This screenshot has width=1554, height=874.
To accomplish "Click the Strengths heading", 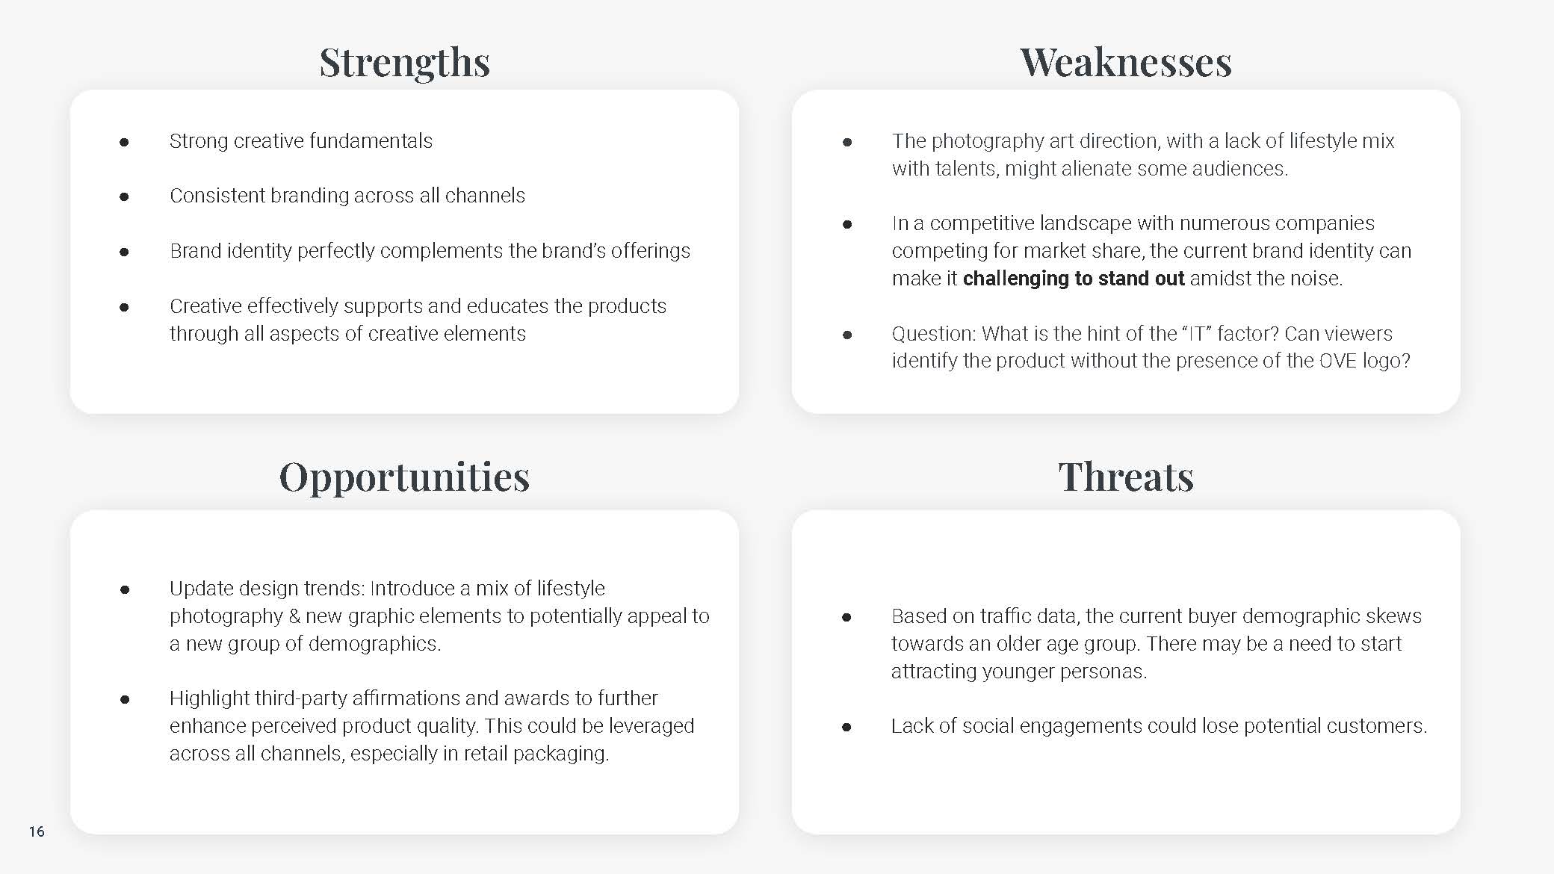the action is (405, 63).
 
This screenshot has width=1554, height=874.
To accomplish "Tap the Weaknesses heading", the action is (1126, 62).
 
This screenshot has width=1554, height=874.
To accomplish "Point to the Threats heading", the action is (1126, 477).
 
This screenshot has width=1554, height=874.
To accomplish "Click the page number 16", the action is (37, 831).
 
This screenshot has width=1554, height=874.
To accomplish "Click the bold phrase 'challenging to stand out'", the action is (1074, 279).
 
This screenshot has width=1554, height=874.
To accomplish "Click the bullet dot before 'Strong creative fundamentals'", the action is (124, 142).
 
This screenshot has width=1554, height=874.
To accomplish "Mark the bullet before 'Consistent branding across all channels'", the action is (124, 196).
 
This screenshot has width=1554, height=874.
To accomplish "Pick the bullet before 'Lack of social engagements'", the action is (846, 727).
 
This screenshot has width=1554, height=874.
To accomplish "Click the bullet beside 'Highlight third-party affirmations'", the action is (125, 699).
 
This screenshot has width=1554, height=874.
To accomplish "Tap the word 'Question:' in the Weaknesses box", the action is (933, 333).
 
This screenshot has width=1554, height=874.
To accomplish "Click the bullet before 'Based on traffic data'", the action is (846, 617).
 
